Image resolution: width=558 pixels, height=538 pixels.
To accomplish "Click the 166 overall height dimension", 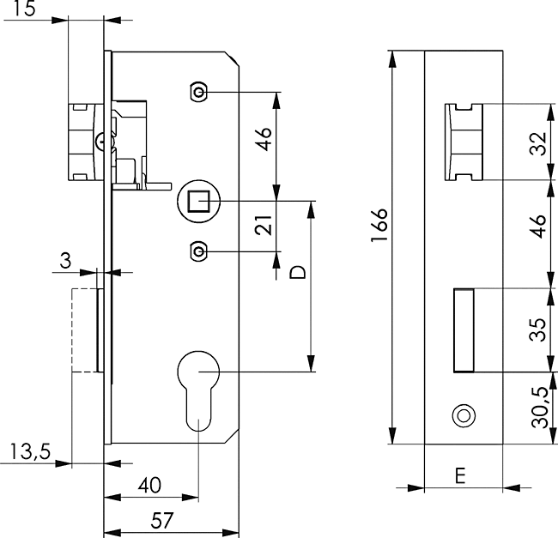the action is (x=379, y=225).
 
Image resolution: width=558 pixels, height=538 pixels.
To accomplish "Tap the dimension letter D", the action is (x=298, y=272).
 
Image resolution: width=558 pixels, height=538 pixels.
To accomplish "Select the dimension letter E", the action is (x=460, y=475).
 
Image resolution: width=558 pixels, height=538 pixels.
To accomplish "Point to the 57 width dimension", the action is (x=162, y=521).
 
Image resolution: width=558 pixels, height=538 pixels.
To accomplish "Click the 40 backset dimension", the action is (x=149, y=485).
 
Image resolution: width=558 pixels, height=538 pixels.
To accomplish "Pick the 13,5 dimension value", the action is (x=30, y=451).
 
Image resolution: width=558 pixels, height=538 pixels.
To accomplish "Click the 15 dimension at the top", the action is (x=25, y=9).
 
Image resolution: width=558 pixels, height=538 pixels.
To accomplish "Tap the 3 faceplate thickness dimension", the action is (x=65, y=261).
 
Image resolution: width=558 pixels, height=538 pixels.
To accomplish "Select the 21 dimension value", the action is (x=264, y=225).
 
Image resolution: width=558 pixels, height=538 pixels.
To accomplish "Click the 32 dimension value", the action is (x=538, y=143).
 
